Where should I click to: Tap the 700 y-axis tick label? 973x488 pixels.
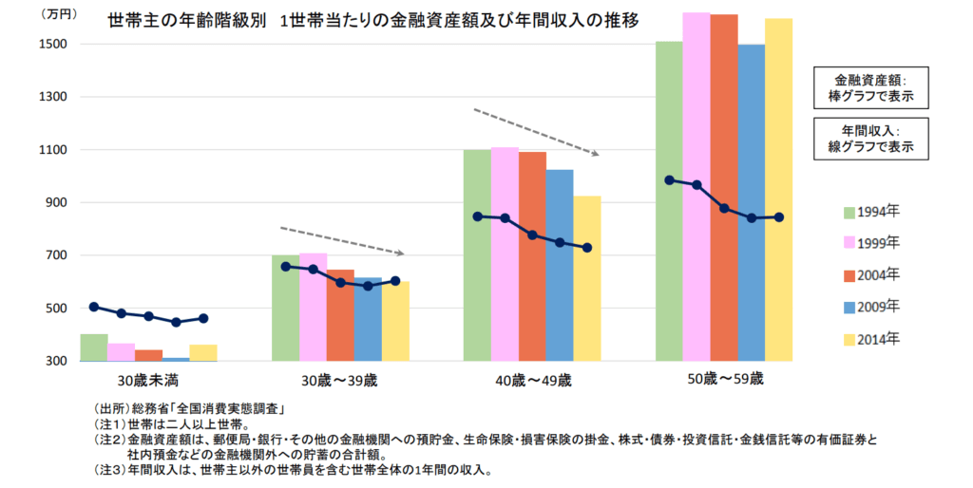(x=54, y=255)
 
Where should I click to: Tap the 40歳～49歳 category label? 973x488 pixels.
(x=531, y=381)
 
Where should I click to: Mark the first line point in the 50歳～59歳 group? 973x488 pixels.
(x=669, y=180)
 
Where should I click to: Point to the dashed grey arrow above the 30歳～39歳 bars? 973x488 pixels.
(x=342, y=240)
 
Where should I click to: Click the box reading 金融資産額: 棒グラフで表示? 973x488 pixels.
(x=870, y=88)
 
